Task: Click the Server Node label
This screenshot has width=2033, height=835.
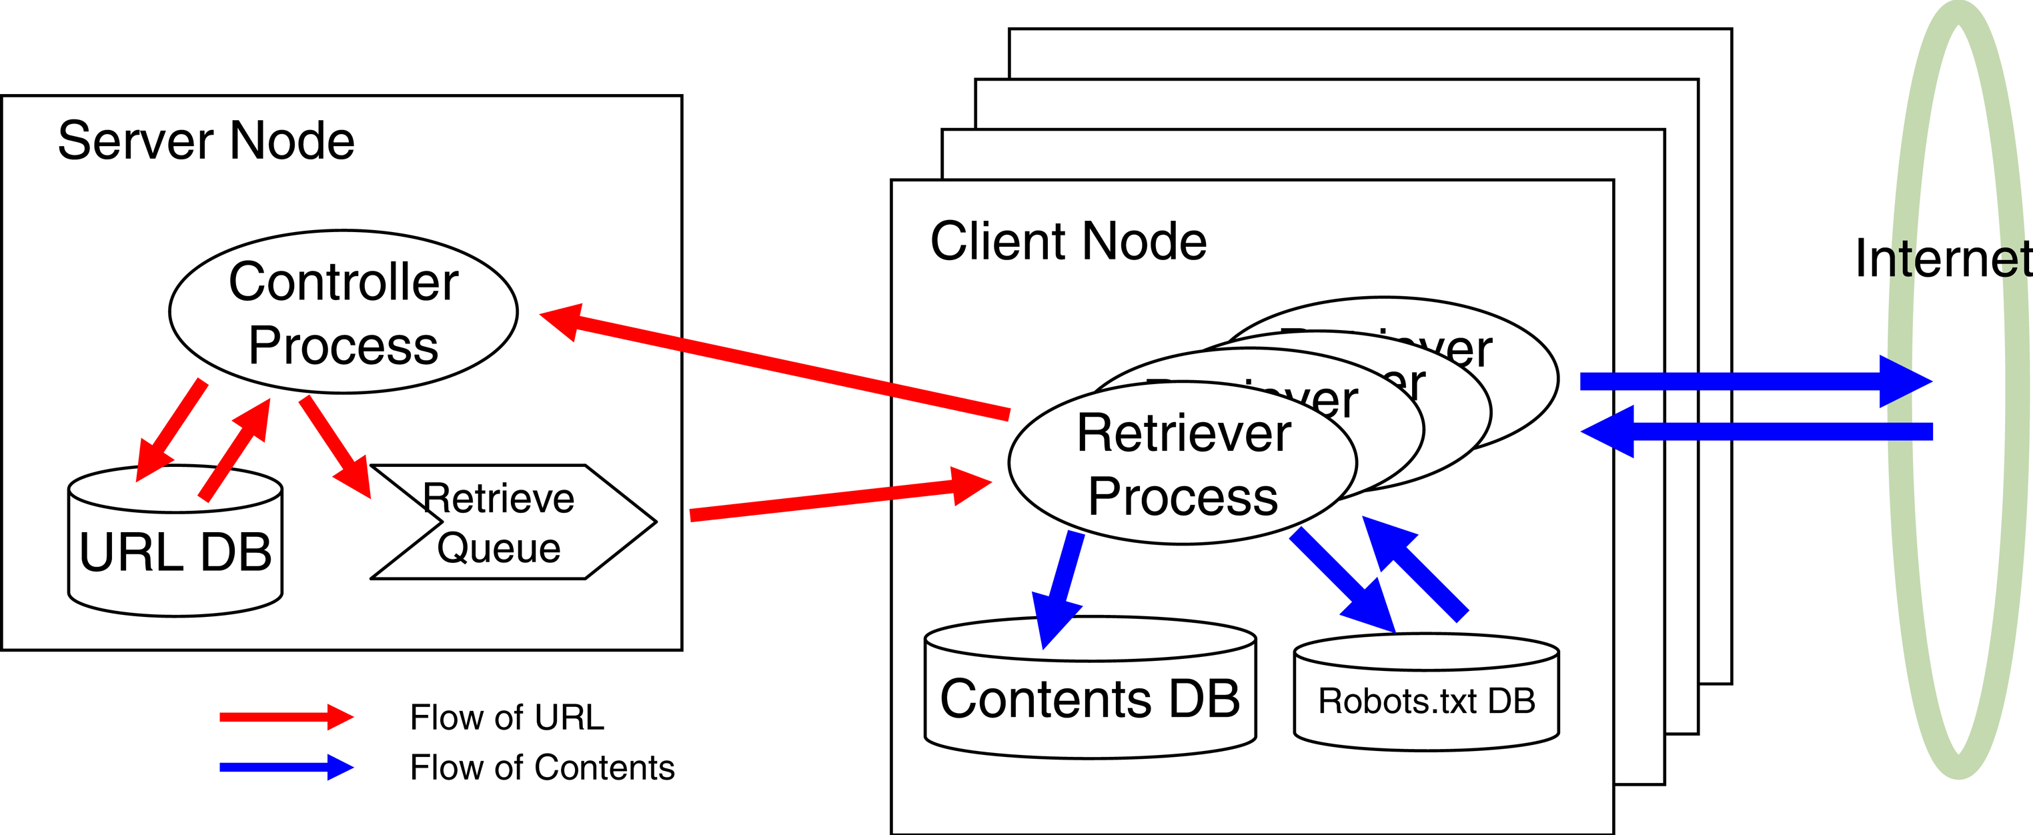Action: (206, 141)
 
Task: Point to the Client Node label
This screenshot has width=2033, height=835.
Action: (1068, 241)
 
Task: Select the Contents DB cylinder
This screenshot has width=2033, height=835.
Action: (1090, 698)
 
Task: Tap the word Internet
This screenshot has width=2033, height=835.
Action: (1942, 259)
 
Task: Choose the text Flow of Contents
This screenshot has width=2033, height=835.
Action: (542, 767)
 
